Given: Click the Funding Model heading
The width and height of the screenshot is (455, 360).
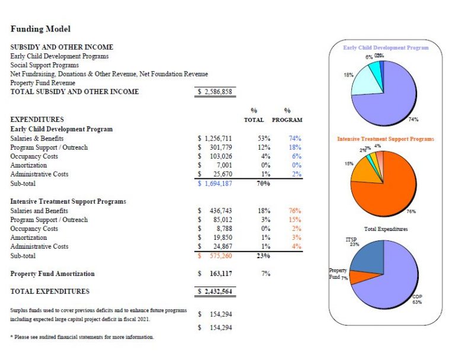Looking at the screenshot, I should pyautogui.click(x=41, y=28).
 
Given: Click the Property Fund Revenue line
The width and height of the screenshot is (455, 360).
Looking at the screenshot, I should pyautogui.click(x=43, y=83).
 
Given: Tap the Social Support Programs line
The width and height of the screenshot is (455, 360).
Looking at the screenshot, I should pyautogui.click(x=44, y=65).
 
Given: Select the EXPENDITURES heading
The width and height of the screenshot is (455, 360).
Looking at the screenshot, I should pyautogui.click(x=37, y=119).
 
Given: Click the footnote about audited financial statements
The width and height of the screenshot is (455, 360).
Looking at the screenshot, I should pyautogui.click(x=82, y=337).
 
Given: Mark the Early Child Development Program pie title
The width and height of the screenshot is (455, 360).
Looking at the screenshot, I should pyautogui.click(x=386, y=47).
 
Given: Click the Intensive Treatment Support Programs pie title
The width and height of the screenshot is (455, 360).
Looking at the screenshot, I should pyautogui.click(x=386, y=139).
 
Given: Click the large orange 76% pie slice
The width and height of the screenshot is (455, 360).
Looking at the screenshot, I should pyautogui.click(x=391, y=189).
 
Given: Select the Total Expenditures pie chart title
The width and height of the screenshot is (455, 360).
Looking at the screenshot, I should pyautogui.click(x=386, y=229).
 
